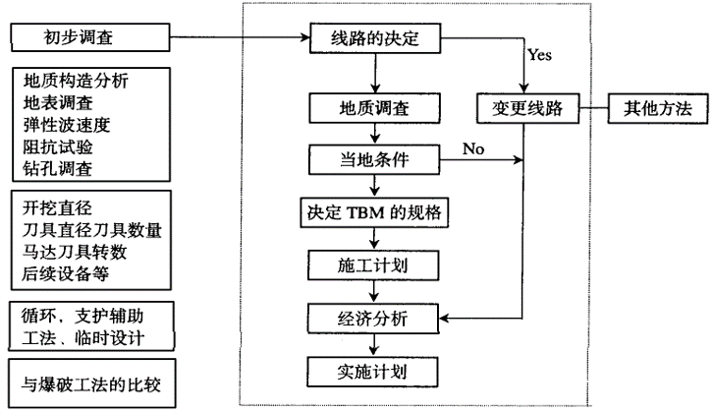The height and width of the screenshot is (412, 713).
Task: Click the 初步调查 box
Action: [x=89, y=39]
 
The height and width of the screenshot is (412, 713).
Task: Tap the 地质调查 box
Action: [x=376, y=105]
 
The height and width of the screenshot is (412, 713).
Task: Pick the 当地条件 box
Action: [x=376, y=158]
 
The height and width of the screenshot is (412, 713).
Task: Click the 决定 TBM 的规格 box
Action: [x=376, y=211]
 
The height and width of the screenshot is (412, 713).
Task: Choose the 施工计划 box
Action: [x=376, y=265]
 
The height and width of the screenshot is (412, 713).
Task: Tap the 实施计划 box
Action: [x=376, y=371]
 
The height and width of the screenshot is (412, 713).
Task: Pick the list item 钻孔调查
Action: [x=59, y=168]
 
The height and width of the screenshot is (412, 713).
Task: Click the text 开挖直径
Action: [x=59, y=207]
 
